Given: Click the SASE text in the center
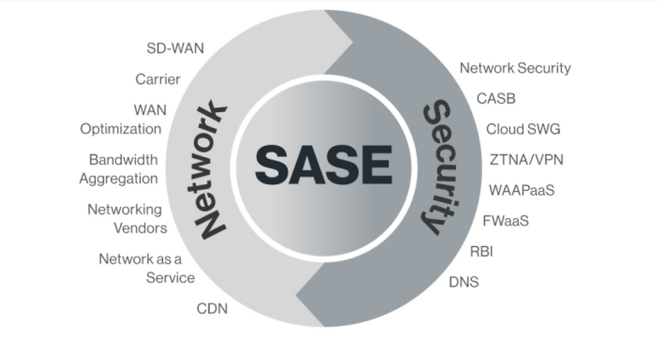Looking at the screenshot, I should [x=323, y=164].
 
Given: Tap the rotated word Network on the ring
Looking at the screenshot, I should [x=211, y=169].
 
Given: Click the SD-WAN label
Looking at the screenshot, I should [x=175, y=49].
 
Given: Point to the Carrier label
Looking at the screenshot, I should [x=158, y=80].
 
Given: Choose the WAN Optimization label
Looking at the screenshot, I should [x=121, y=119].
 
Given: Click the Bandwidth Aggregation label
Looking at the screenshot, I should [x=119, y=169].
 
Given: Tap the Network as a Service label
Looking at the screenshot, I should [x=146, y=268].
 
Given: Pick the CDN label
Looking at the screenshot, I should [x=212, y=309].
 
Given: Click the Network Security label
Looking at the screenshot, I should [x=515, y=68].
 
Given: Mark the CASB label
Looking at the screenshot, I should [x=496, y=98].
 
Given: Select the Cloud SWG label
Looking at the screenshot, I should [x=523, y=129].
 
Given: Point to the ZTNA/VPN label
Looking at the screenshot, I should [x=526, y=160].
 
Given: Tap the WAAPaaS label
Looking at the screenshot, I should [x=521, y=190].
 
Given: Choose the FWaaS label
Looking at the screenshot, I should [x=505, y=220].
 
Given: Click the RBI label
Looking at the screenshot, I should [x=482, y=251].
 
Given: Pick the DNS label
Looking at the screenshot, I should [x=464, y=282].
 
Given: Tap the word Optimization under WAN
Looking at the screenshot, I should [x=121, y=129].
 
